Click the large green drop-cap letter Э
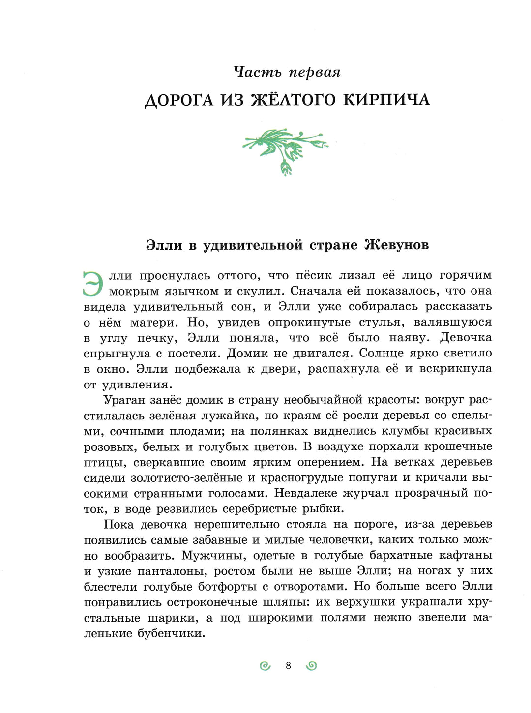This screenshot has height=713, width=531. pyautogui.click(x=93, y=284)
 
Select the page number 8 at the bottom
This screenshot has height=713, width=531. pyautogui.click(x=289, y=666)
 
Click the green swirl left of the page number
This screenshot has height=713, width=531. pyautogui.click(x=265, y=666)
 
